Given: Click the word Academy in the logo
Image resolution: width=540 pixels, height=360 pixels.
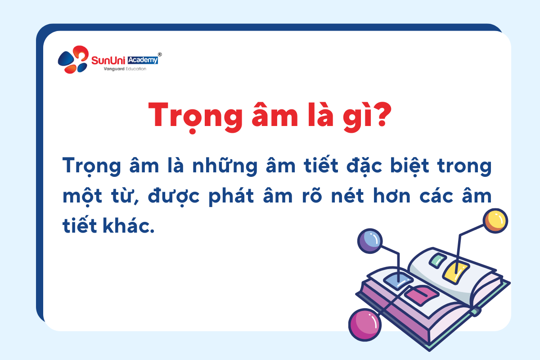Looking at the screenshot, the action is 143,60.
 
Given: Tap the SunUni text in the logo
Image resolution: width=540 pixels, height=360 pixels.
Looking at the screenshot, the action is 108,60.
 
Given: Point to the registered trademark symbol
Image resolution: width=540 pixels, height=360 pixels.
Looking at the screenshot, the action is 160,54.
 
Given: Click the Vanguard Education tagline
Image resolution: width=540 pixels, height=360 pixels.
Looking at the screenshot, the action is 125,69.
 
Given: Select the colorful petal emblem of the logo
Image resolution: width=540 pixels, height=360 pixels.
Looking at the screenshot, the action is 73,59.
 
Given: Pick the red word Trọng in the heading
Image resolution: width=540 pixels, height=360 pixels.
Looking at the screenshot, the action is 195,117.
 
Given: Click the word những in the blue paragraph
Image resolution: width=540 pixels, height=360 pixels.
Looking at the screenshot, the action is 225,166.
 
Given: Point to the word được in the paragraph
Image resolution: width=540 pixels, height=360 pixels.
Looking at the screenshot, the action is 174,196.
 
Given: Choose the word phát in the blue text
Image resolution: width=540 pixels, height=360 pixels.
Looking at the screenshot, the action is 231,196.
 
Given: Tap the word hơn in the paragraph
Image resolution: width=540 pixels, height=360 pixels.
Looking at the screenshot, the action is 392,196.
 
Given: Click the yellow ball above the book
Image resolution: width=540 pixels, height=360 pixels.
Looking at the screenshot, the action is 495,221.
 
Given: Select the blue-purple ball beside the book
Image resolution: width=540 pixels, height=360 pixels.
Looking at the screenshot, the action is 370,241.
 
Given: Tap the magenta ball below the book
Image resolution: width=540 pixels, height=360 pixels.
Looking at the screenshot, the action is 365,325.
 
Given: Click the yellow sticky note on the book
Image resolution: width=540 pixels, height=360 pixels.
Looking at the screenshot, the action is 455,273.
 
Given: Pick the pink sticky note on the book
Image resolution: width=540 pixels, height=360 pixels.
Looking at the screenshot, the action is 421,295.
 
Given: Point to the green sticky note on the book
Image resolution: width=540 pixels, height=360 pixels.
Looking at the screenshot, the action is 438,260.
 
